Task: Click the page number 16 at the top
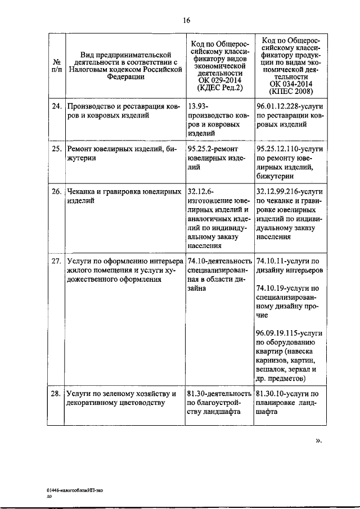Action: point(187,21)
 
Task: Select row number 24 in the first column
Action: point(56,106)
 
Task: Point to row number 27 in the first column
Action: point(56,261)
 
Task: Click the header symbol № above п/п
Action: point(56,62)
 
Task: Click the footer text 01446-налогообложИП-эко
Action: point(75,490)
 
